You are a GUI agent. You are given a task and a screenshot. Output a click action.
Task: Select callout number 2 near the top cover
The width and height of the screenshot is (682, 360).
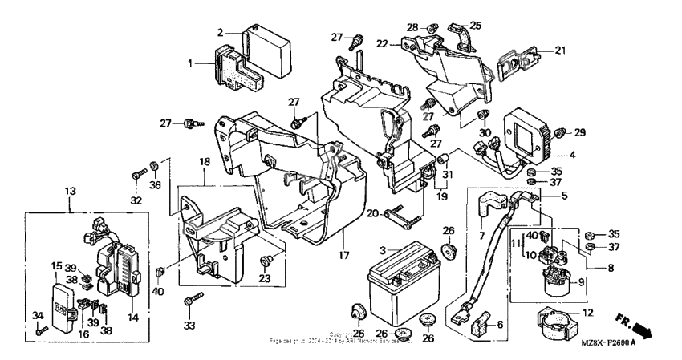[x=220, y=32]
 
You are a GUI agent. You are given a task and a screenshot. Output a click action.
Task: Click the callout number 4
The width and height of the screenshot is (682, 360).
[x=573, y=155]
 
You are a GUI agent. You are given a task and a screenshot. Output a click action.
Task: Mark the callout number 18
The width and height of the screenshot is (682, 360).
[x=205, y=162]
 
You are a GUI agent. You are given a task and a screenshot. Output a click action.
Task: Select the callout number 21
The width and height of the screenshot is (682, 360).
[x=560, y=51]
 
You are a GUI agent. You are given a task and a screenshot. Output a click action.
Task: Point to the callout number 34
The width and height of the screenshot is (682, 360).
[x=35, y=315]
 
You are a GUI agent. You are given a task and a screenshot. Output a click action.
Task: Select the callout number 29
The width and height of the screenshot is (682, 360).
[x=580, y=131]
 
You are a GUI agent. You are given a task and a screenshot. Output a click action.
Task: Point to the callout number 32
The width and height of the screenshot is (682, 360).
[x=136, y=200]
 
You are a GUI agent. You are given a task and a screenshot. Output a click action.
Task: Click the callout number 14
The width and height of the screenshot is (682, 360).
[x=133, y=318]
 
